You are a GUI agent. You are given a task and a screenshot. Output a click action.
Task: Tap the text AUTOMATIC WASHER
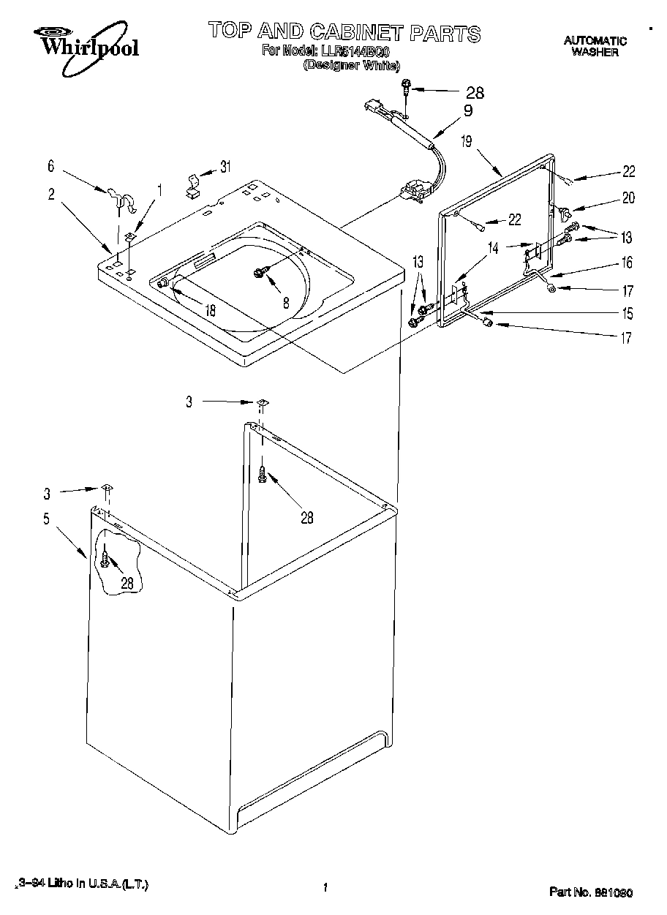595,46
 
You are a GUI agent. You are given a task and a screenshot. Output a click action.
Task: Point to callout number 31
225,167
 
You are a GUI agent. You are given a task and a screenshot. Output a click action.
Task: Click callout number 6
51,167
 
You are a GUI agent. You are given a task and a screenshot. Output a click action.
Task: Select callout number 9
467,111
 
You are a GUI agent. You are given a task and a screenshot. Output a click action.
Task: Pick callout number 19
467,142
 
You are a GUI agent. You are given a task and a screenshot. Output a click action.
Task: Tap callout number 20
628,197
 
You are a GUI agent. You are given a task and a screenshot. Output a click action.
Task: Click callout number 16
628,263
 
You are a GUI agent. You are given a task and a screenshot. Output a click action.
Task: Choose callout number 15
628,314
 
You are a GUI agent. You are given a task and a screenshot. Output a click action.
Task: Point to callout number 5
46,520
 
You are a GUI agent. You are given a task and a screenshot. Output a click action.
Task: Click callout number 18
211,309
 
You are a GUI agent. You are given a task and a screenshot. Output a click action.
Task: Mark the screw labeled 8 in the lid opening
259,272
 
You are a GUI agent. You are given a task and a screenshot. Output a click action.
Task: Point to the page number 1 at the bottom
323,888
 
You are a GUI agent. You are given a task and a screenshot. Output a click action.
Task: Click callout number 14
493,247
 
